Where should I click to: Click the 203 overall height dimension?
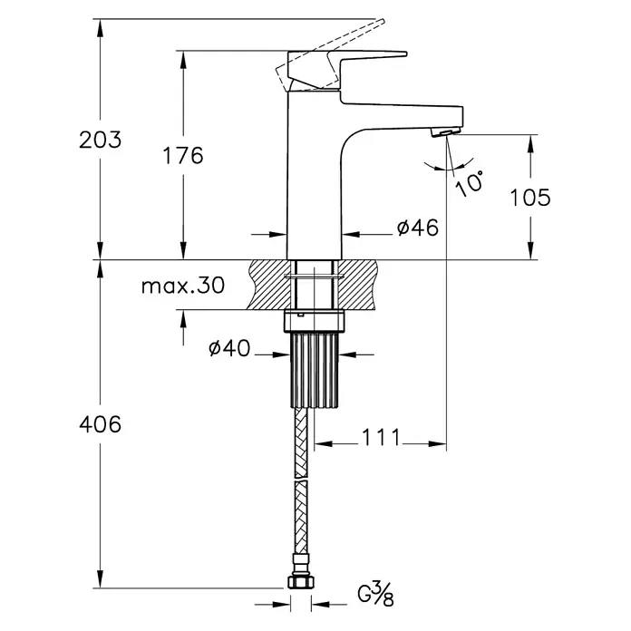click(100, 140)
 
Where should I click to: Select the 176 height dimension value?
click(183, 155)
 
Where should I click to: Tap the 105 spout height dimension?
click(530, 198)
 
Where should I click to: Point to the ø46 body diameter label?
click(417, 228)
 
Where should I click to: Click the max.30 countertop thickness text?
click(183, 286)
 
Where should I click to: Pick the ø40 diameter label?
click(229, 348)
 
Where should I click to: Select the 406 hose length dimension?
click(100, 424)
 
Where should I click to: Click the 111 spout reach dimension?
click(381, 437)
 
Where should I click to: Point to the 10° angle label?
click(470, 183)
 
